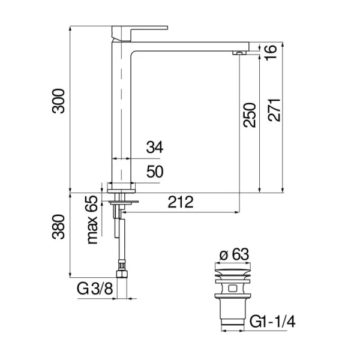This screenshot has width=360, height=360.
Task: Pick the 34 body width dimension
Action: click(x=154, y=147)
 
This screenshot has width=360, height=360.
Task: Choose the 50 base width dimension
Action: click(x=155, y=172)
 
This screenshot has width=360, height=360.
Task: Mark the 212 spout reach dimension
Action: click(x=181, y=202)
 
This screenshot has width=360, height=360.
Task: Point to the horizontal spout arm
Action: click(x=192, y=47)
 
